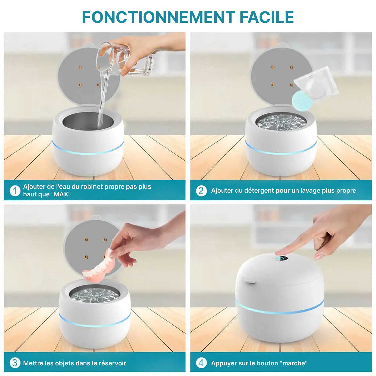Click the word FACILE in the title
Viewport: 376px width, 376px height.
266,17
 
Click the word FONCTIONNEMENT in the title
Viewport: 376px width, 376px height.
158,17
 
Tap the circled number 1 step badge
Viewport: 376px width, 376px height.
15,191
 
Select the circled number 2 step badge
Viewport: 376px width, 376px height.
201,191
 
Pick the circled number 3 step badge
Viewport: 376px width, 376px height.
15,363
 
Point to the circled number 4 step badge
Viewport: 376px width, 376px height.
201,363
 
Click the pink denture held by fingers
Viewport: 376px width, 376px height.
100,267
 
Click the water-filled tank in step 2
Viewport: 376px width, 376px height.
281,122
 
